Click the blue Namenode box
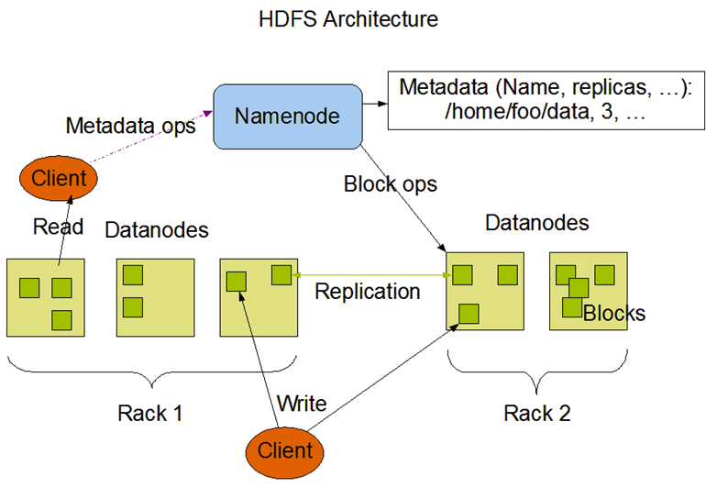click(286, 116)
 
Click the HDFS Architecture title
click(348, 18)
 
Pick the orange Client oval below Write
click(283, 450)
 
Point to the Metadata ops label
click(130, 126)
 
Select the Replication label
click(367, 292)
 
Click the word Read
click(58, 227)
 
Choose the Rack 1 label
click(150, 413)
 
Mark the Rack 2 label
click(537, 413)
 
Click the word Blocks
click(614, 314)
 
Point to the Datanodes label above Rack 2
click(536, 223)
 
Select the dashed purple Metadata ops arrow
click(151, 143)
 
